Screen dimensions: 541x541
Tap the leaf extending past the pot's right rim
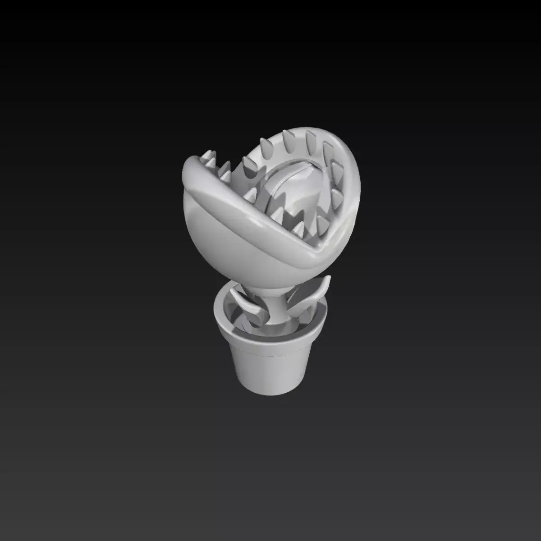point(316,295)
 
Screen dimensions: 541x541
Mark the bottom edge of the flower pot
point(270,395)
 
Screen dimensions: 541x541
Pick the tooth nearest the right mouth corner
point(322,223)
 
